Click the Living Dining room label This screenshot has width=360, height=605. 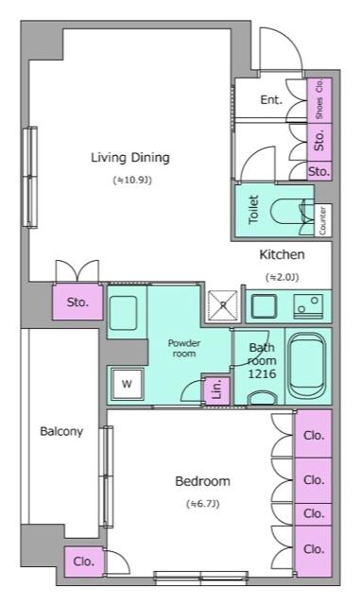129,157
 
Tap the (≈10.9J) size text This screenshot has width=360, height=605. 131,179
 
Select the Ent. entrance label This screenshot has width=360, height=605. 271,99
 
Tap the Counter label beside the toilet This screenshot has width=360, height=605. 323,219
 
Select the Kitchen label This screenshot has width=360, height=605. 282,254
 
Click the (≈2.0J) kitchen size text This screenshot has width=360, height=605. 282,277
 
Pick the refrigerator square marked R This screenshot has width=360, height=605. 223,305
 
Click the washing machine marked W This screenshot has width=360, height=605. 126,384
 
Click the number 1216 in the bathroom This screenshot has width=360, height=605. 261,374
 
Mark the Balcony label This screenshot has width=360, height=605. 60,432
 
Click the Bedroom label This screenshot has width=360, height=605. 202,481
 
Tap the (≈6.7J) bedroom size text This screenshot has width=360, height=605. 202,504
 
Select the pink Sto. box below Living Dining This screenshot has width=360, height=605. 77,302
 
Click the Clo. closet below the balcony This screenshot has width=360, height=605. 83,561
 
